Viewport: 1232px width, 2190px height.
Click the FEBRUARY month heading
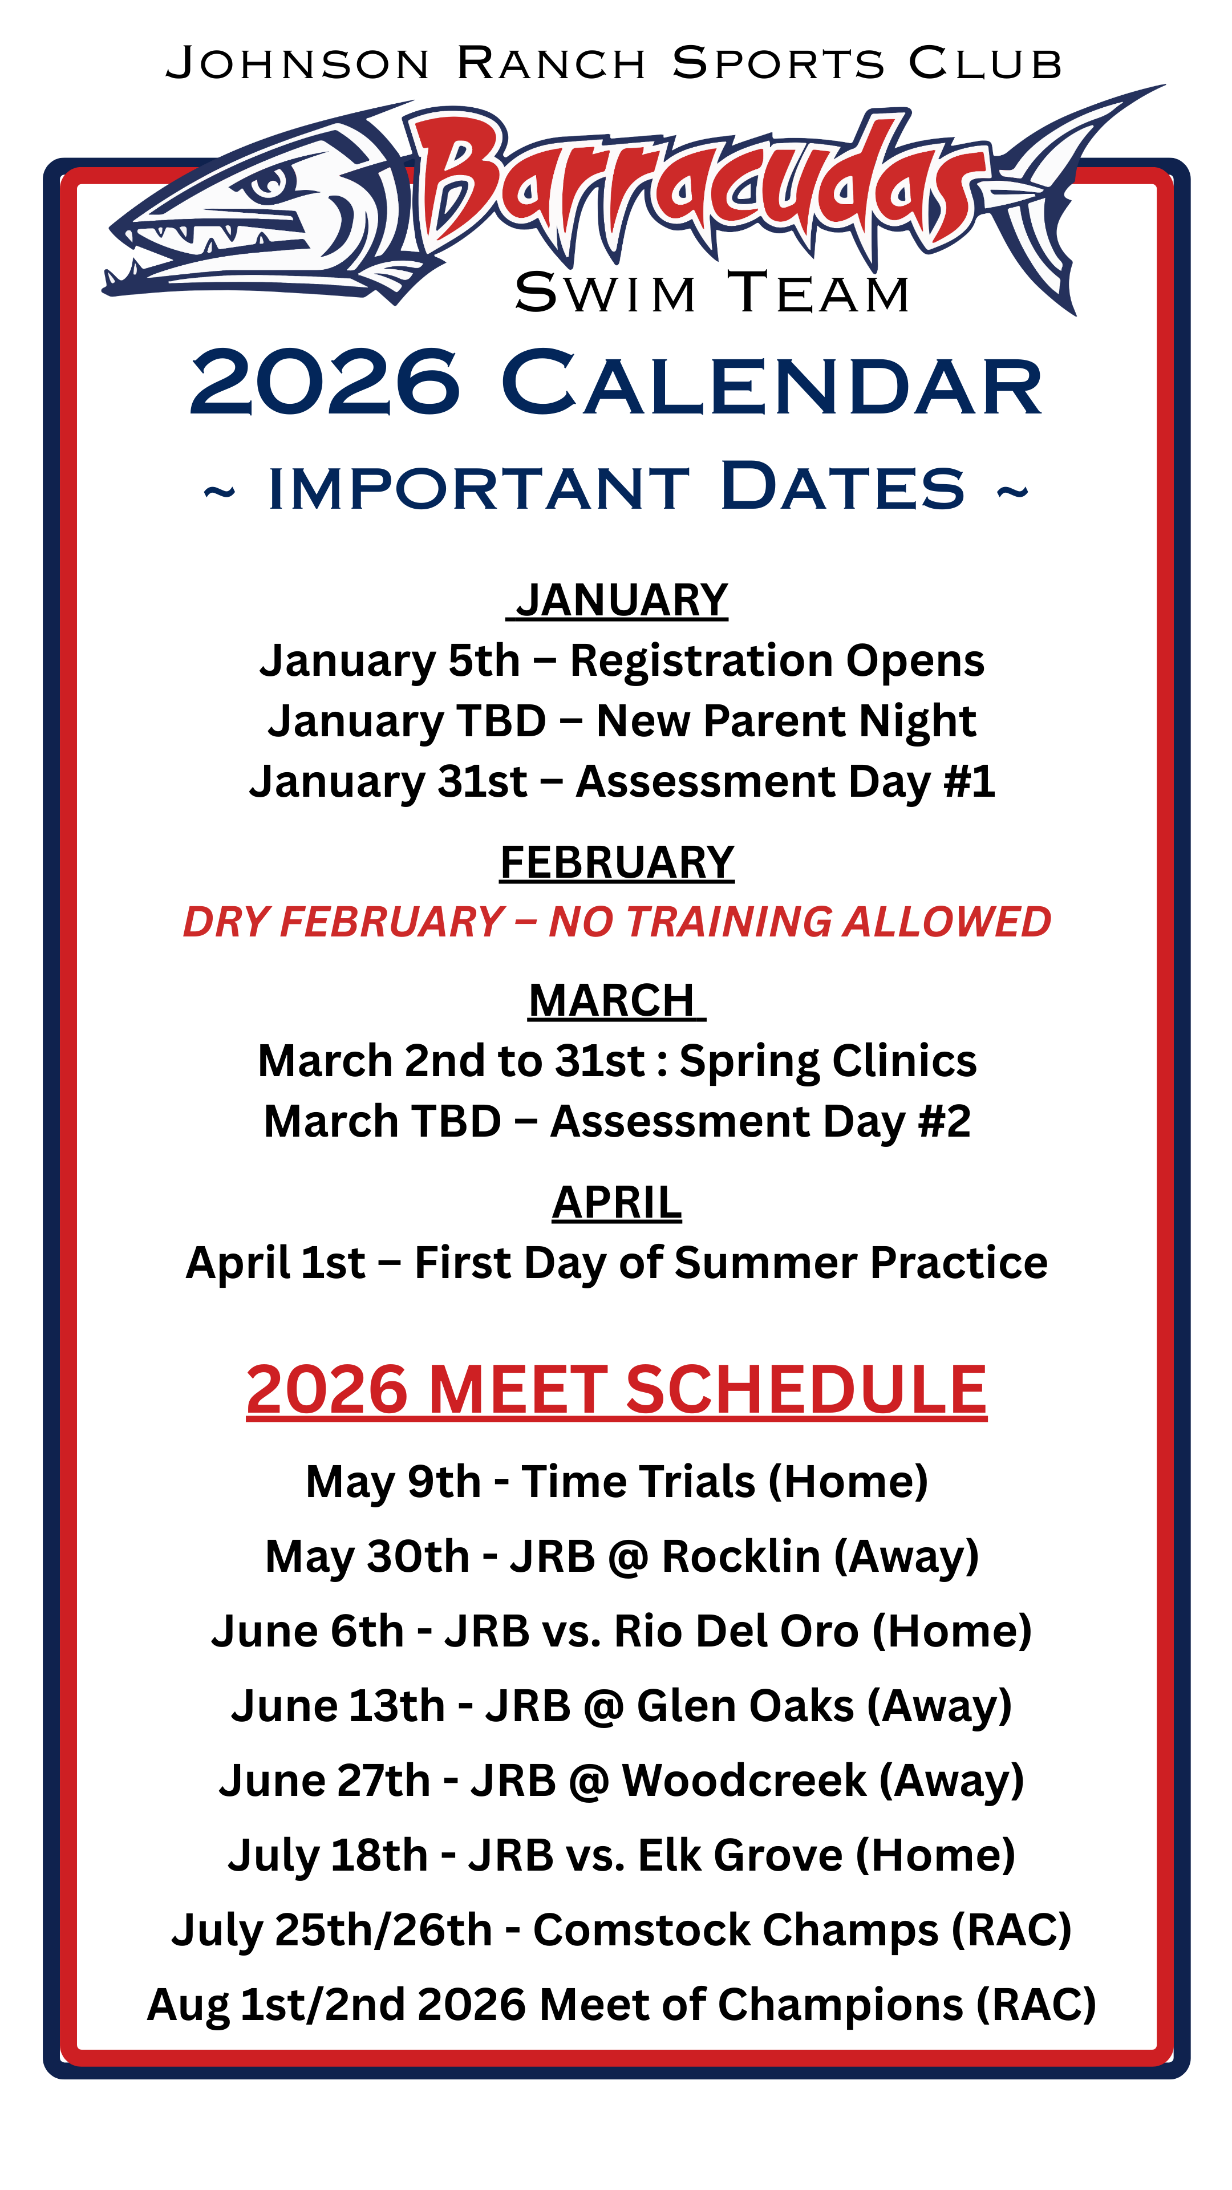click(617, 862)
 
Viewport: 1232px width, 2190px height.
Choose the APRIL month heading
click(617, 1202)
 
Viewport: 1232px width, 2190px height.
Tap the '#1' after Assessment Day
click(969, 781)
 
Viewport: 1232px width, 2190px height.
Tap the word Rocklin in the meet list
click(740, 1556)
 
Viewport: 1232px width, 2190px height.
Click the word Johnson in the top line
click(298, 64)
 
